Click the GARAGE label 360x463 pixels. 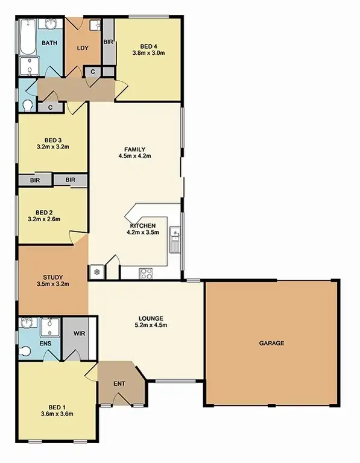[271, 343]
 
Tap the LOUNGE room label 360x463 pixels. [151, 318]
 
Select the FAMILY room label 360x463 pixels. [135, 149]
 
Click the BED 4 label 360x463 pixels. [148, 46]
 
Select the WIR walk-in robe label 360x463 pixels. [79, 333]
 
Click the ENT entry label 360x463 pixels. [119, 384]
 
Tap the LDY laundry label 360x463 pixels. [83, 48]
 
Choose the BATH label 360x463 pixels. [49, 43]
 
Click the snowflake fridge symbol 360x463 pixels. [96, 272]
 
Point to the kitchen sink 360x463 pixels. [174, 239]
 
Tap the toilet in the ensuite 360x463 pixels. [25, 350]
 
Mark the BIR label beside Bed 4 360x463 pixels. [108, 42]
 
